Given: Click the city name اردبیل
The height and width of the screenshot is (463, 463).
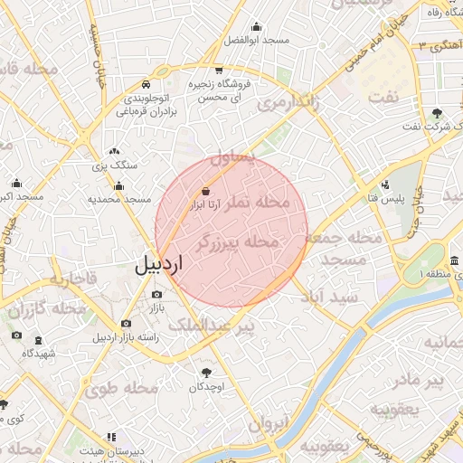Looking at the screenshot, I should tap(159, 265).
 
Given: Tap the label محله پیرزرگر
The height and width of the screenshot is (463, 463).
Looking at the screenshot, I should tap(237, 241).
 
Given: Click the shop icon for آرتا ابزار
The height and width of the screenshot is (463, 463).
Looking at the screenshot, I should tap(206, 192).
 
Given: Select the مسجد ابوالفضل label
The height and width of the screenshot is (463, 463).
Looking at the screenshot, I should tap(256, 41).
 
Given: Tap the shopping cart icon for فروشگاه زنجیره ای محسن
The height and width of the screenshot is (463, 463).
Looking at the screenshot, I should tap(219, 70).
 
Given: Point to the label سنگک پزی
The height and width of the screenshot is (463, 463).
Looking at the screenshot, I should tap(114, 165).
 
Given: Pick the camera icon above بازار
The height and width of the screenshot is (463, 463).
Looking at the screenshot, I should tap(157, 295).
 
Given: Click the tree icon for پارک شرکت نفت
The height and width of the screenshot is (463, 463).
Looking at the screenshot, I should tap(438, 113).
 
